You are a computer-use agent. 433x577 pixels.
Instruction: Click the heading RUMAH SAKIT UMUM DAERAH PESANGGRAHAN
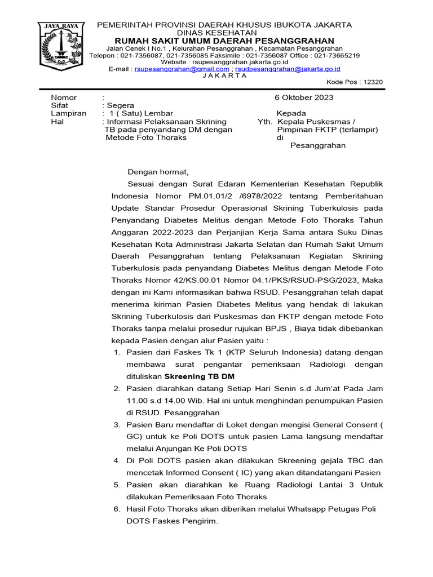[x=224, y=41]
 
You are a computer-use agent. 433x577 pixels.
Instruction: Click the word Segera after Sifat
[x=120, y=105]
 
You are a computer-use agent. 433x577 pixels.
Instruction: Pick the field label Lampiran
[x=68, y=113]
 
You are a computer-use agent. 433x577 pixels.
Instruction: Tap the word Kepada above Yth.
[x=291, y=113]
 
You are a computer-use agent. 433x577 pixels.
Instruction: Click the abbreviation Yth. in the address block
[x=265, y=121]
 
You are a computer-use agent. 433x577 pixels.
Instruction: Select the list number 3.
[x=117, y=424]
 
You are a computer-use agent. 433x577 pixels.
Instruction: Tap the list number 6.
[x=117, y=509]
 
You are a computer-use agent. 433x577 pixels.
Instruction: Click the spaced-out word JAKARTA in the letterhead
[x=224, y=76]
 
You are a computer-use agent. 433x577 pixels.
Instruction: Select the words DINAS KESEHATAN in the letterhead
[x=224, y=33]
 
